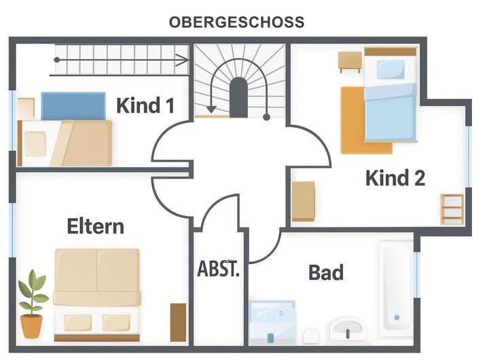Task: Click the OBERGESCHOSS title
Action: (x=236, y=22)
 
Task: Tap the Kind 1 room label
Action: (x=145, y=106)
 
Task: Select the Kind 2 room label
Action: (x=395, y=179)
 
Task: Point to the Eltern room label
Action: (x=96, y=226)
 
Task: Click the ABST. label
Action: (x=219, y=268)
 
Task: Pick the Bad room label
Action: (x=326, y=273)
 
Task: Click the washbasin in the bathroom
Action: (x=349, y=329)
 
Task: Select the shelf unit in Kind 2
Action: (x=452, y=209)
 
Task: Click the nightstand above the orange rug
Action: (x=350, y=61)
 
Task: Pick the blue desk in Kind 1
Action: (x=73, y=106)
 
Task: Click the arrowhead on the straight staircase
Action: (x=184, y=59)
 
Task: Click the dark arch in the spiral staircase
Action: (x=238, y=97)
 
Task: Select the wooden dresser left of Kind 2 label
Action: (x=304, y=201)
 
